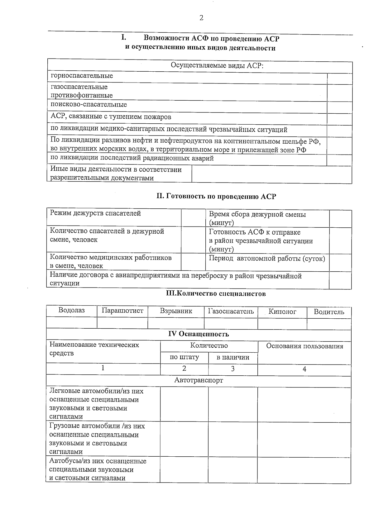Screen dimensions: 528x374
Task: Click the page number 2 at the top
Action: tap(201, 18)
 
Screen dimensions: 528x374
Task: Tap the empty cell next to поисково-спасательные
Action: tap(339, 107)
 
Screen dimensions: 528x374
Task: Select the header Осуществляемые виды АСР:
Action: tap(217, 66)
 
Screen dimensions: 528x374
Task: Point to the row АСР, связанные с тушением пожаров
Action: tap(111, 117)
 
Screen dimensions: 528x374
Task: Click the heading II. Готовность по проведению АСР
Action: tap(216, 196)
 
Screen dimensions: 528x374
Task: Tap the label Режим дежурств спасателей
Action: tap(95, 213)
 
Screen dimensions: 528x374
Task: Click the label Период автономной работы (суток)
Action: tap(267, 259)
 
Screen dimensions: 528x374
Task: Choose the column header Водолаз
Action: tap(72, 311)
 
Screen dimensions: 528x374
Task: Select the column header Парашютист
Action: tap(122, 311)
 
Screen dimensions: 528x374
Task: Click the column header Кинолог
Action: tap(282, 311)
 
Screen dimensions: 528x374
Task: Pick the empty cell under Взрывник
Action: tap(176, 323)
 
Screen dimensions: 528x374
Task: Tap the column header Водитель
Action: tap(329, 312)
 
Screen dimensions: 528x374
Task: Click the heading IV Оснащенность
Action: tap(199, 334)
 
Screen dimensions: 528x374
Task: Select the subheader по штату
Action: tap(184, 357)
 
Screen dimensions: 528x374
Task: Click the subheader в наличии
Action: tap(233, 357)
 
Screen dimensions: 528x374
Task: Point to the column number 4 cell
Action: tap(304, 369)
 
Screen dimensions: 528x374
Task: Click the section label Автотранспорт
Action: tap(199, 380)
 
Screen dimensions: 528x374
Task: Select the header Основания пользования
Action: tap(304, 346)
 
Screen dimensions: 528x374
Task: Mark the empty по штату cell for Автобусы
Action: tap(184, 469)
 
